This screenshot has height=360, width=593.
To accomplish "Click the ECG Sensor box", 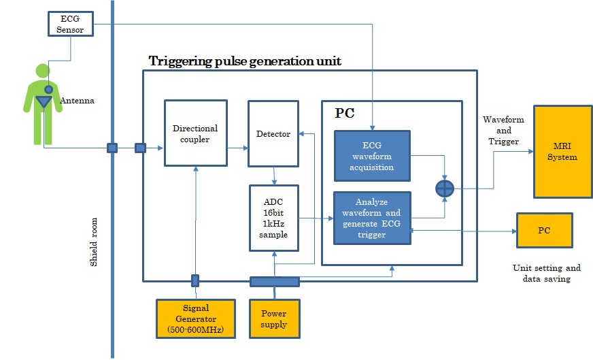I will point(70,24).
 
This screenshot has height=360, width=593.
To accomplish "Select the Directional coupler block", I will point(194,133).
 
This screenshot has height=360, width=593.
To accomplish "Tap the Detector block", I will point(273,133).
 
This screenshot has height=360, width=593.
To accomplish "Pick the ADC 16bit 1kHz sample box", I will point(273,216).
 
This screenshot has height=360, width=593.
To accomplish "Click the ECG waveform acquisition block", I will point(372,155).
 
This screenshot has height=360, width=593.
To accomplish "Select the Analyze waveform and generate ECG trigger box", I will point(372,217).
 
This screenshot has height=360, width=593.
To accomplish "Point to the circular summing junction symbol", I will point(444,187).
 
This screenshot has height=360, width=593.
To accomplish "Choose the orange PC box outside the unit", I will point(544,230).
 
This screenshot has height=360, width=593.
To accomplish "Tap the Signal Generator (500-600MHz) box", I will point(194,318).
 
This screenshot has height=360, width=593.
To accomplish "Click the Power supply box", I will point(273,318).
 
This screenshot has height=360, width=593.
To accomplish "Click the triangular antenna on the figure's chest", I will point(45,102).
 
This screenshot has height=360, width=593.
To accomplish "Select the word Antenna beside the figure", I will point(77,101).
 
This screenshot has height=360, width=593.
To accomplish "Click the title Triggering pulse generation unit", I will point(245,61).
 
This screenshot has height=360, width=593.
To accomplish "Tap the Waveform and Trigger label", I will point(503,130).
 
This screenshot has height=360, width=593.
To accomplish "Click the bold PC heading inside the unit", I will point(344,114).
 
